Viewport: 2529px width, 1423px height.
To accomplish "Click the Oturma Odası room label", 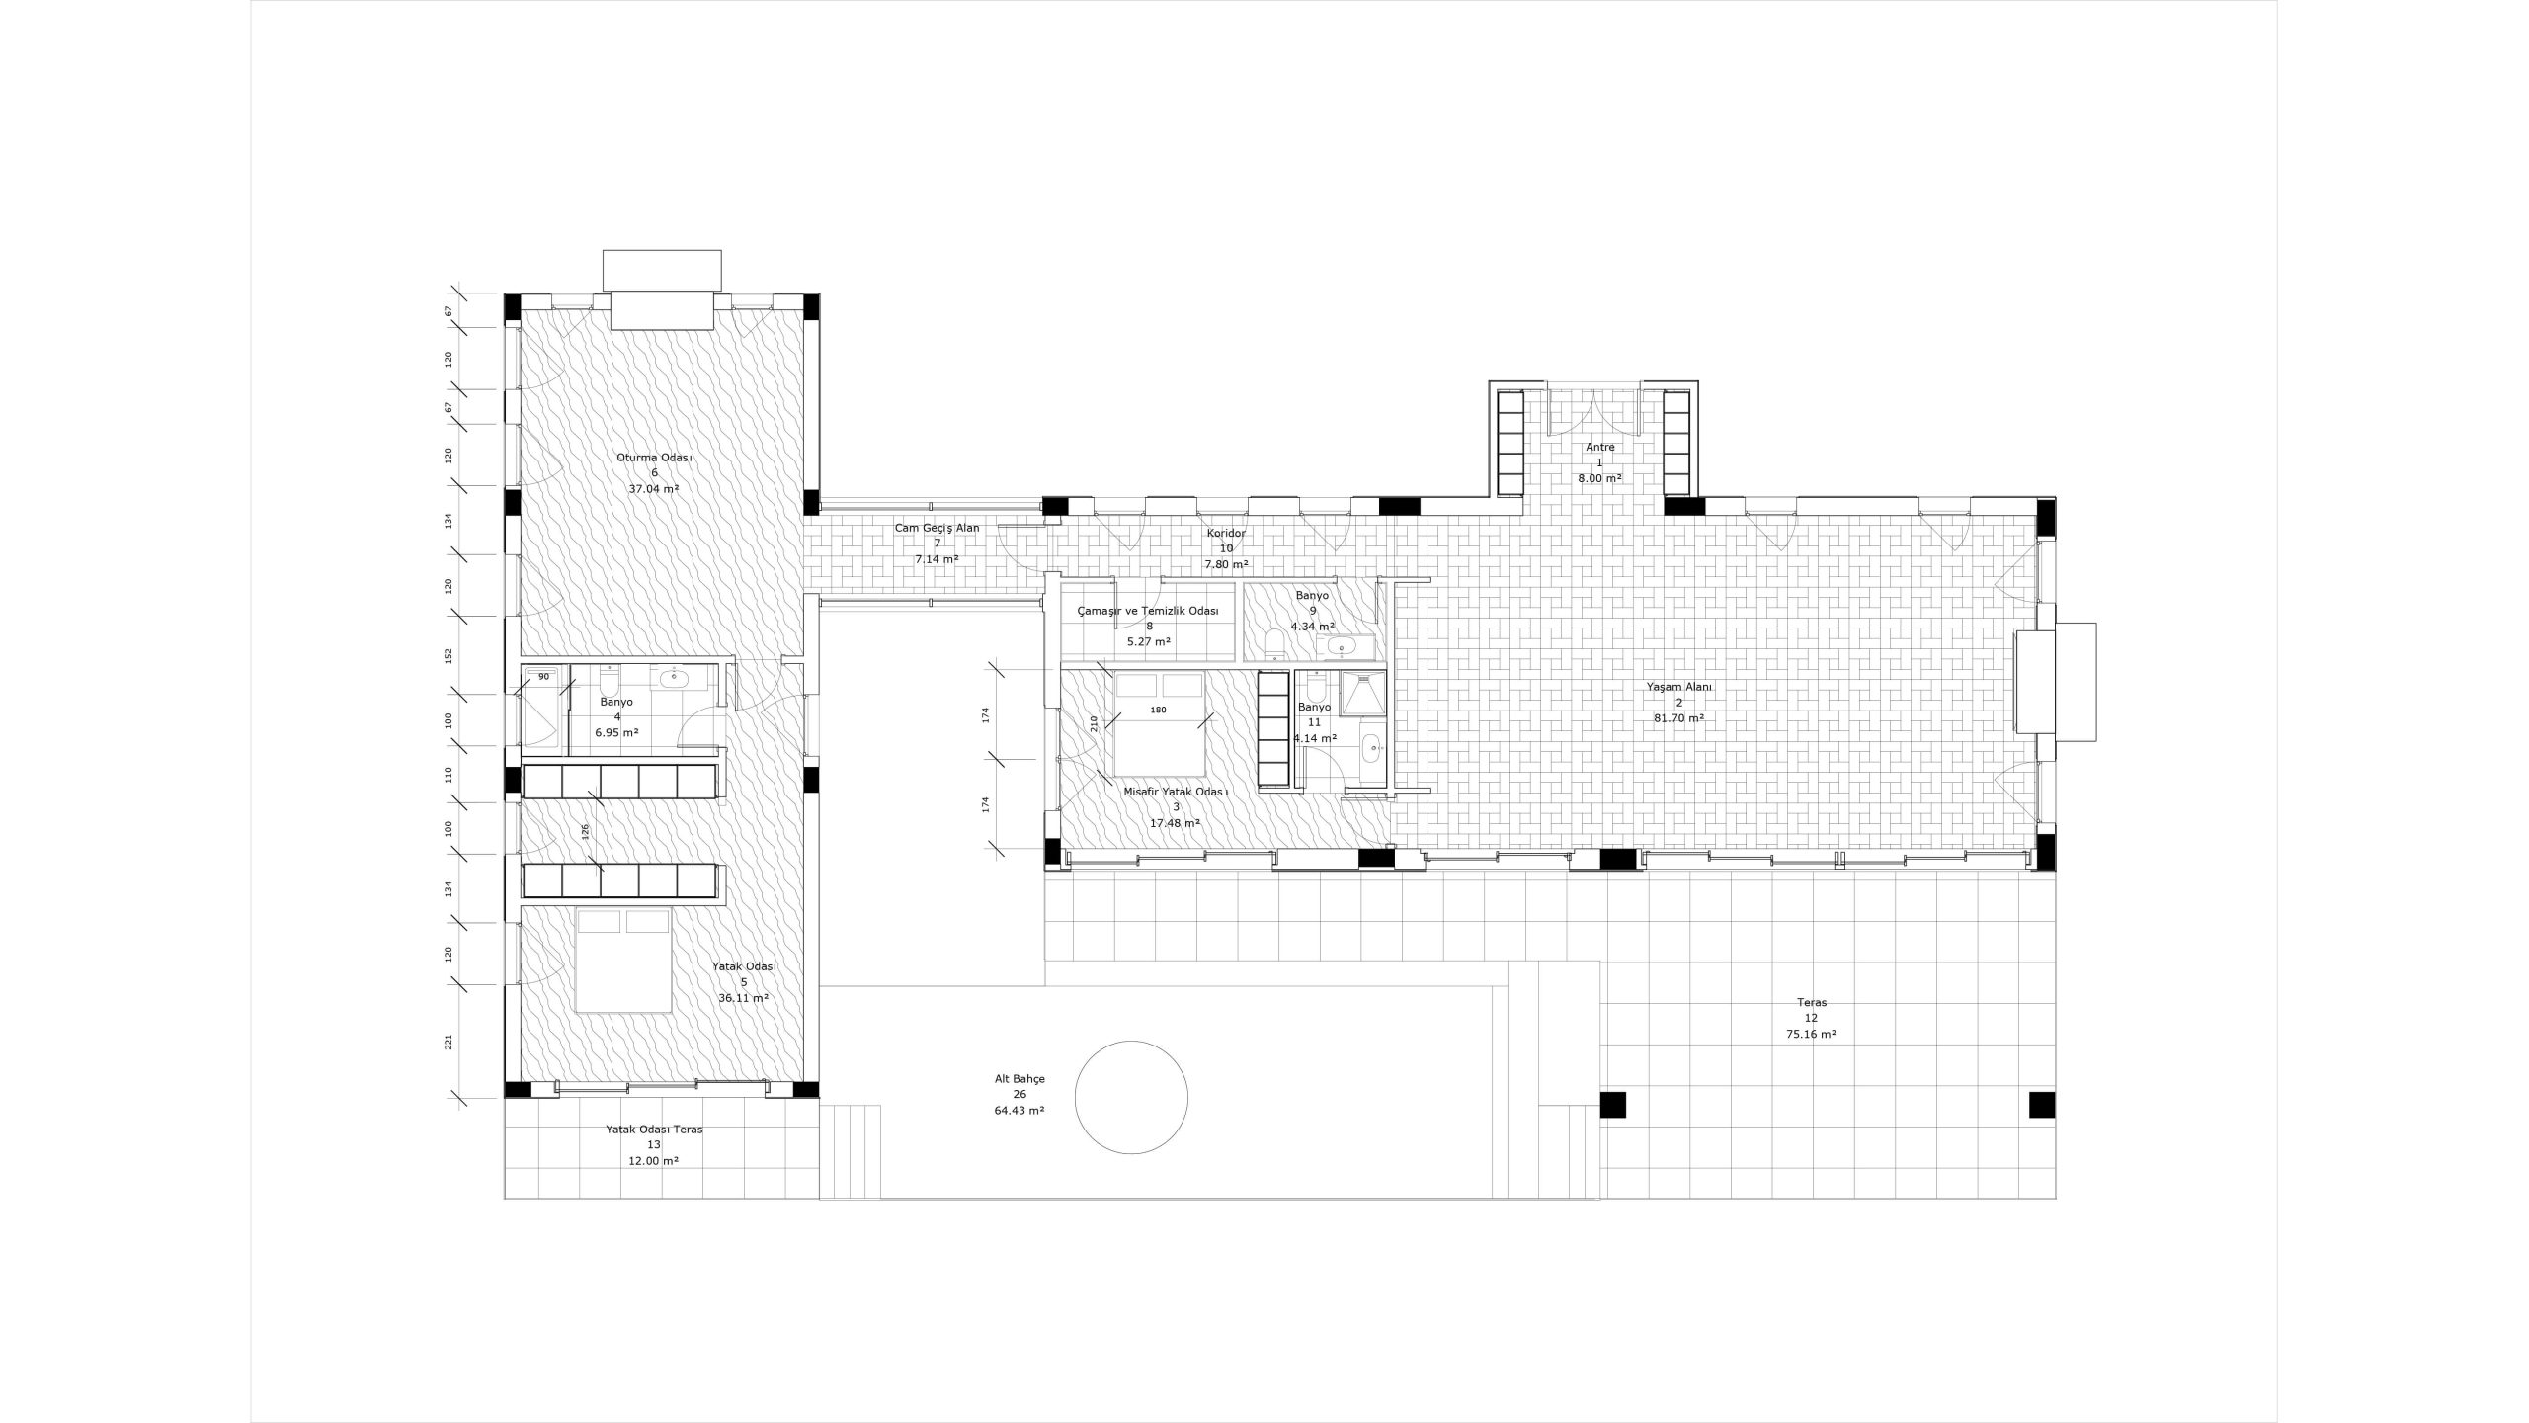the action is pos(654,458).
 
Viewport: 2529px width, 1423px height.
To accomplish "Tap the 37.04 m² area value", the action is pos(654,488).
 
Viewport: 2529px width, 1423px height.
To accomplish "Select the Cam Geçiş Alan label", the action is pos(938,528).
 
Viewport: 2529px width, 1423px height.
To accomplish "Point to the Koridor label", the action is pos(1226,534).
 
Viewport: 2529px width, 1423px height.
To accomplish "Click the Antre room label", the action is pos(1599,447).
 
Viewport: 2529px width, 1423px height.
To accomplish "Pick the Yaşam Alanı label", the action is pos(1678,687).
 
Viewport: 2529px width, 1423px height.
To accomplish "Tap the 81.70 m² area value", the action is pos(1678,718).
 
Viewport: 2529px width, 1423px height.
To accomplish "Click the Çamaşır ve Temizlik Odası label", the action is pos(1148,611).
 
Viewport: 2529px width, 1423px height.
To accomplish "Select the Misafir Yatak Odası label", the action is pos(1176,792).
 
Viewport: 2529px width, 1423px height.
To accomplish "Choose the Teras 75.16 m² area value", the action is pos(1811,1035).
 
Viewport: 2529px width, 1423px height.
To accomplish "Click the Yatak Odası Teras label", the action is pos(654,1130).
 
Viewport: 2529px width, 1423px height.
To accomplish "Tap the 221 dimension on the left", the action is pos(449,1043).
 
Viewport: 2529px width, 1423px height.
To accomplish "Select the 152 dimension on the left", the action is pos(449,655).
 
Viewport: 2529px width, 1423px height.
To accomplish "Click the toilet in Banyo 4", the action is pos(609,682).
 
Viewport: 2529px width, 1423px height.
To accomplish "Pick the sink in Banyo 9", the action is pos(1341,647).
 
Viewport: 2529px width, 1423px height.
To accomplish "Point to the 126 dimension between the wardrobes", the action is pos(585,831).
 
